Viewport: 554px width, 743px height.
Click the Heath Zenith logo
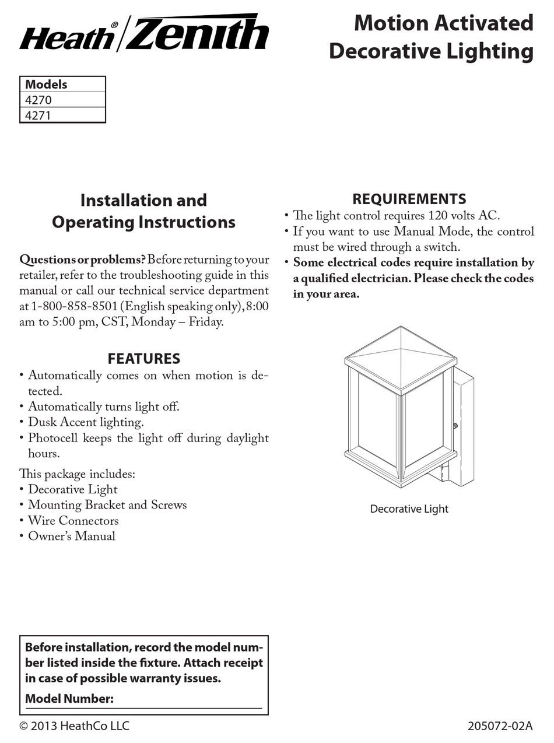pyautogui.click(x=143, y=33)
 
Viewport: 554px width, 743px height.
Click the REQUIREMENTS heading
pyautogui.click(x=409, y=199)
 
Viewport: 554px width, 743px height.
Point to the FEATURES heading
pyautogui.click(x=143, y=358)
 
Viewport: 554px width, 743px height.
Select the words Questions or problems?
pyautogui.click(x=82, y=260)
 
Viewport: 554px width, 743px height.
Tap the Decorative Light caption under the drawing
pyautogui.click(x=409, y=509)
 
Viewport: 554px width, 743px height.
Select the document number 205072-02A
pyautogui.click(x=500, y=726)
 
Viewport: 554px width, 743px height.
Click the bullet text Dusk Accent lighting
pyautogui.click(x=86, y=422)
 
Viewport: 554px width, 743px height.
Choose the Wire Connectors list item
pyautogui.click(x=73, y=521)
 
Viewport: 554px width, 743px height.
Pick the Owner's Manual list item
pyautogui.click(x=72, y=537)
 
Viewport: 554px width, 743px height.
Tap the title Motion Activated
pyautogui.click(x=443, y=23)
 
